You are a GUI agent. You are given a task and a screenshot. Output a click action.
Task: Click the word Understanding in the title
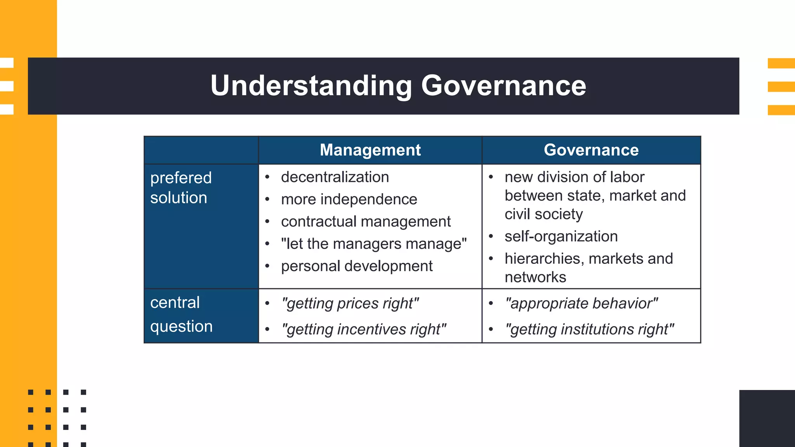[x=311, y=86]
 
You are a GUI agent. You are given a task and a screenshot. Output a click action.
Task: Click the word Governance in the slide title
[x=503, y=86]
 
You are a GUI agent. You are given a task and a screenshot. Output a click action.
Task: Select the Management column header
[x=370, y=150]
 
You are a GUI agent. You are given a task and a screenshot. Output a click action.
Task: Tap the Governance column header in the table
[x=591, y=150]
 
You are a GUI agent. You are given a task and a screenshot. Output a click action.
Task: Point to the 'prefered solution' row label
[x=181, y=188]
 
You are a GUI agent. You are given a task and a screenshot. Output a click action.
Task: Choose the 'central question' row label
[x=181, y=314]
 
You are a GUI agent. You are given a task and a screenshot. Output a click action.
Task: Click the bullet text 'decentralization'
[x=335, y=177]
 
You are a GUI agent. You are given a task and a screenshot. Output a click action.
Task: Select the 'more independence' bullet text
[x=349, y=199]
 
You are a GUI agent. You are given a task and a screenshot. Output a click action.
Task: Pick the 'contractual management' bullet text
[x=366, y=222]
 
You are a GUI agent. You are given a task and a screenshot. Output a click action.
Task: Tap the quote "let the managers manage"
[x=373, y=244]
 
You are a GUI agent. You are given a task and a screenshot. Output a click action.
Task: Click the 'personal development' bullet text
[x=356, y=266]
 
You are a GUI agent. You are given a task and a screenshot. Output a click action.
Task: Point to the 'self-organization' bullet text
[x=561, y=236]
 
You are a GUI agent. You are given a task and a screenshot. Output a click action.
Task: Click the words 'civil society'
[x=543, y=214]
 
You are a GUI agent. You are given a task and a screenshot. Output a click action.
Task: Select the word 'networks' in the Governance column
[x=535, y=277]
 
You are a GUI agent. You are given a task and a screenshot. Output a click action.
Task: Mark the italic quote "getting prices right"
[x=350, y=303]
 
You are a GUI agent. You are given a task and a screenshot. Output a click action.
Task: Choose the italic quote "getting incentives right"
[x=364, y=329]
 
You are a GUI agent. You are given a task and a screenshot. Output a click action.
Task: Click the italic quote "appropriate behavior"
[x=581, y=303]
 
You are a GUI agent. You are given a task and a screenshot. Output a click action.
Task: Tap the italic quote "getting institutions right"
[x=589, y=329]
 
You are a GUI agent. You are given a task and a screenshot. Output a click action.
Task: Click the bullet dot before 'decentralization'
[x=267, y=177]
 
